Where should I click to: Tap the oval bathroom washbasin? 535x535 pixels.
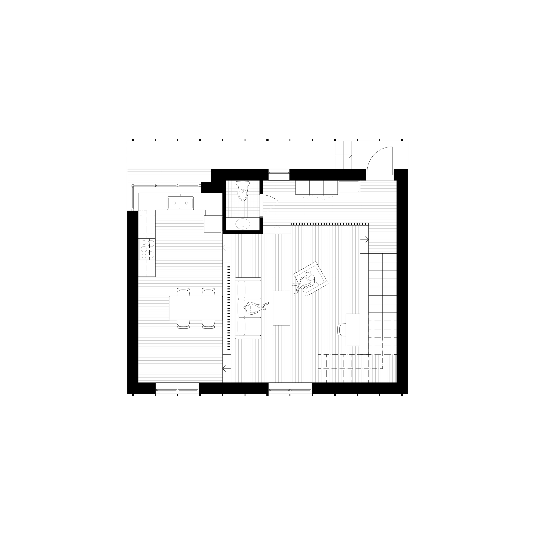pyautogui.click(x=243, y=224)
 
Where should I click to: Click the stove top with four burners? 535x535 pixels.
pyautogui.click(x=147, y=249)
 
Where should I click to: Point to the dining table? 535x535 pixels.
pyautogui.click(x=196, y=308)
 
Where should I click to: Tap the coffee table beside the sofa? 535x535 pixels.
pyautogui.click(x=281, y=308)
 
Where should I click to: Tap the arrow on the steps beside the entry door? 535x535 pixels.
pyautogui.click(x=349, y=155)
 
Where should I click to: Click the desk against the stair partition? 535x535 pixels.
pyautogui.click(x=353, y=330)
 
